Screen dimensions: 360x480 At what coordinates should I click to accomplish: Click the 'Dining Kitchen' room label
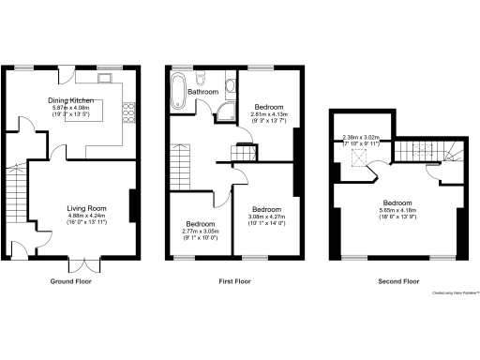[71, 99]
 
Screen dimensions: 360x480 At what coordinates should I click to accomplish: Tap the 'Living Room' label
[85, 208]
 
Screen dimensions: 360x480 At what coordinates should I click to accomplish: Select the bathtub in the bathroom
[176, 91]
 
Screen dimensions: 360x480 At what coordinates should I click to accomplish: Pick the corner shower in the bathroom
[225, 114]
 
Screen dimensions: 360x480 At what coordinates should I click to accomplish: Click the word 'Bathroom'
[202, 93]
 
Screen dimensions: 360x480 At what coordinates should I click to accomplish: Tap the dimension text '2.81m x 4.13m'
[269, 114]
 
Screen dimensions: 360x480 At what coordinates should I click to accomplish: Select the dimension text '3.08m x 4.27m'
[267, 218]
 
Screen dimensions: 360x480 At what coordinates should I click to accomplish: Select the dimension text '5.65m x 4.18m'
[397, 210]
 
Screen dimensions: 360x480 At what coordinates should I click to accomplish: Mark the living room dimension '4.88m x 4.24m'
[85, 216]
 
